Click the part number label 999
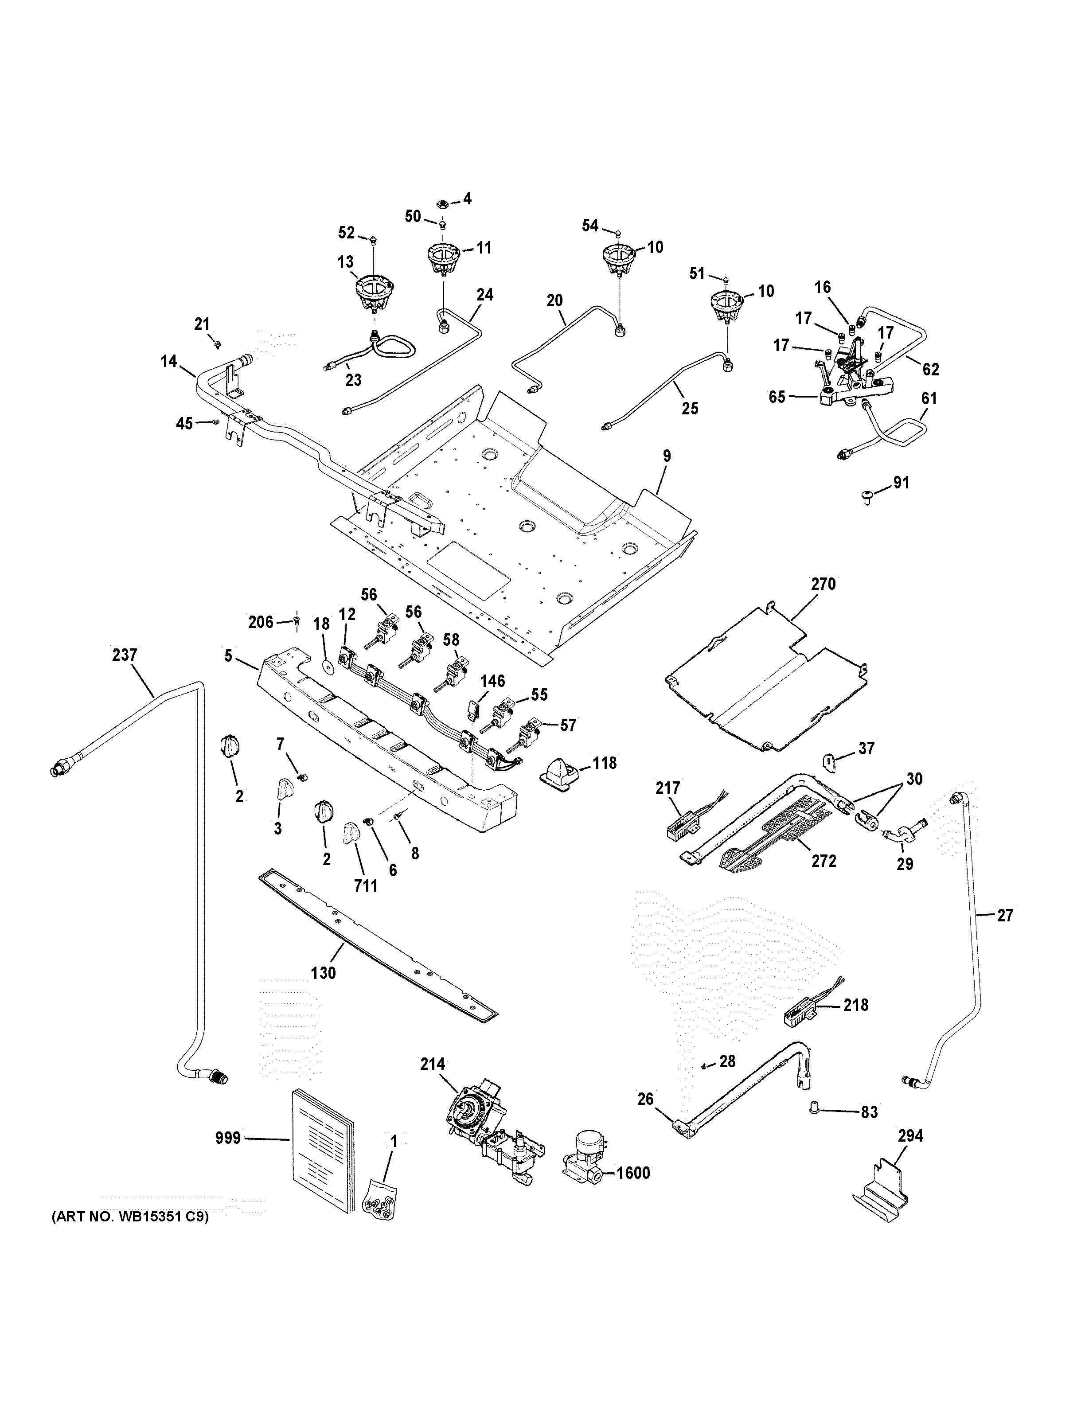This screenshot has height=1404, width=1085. click(227, 1139)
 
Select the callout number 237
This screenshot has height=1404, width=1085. click(124, 655)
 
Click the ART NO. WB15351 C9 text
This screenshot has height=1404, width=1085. click(130, 1235)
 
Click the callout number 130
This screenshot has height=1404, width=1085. click(323, 973)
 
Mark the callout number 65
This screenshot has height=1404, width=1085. click(777, 397)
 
